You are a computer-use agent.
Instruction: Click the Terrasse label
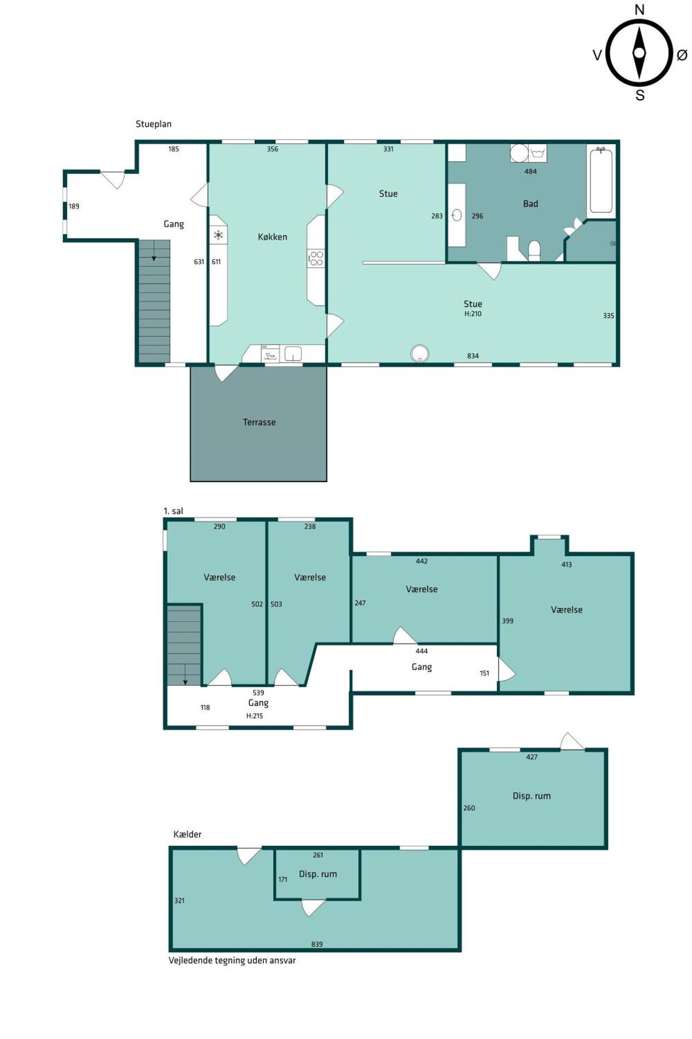259,422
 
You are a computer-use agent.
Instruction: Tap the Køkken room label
272,236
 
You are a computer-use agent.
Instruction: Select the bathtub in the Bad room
601,180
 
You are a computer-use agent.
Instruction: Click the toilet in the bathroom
534,251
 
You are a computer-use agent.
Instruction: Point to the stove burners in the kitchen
316,258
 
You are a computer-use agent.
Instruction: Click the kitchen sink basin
293,354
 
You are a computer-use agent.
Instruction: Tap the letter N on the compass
640,10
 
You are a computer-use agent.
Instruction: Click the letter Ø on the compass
682,55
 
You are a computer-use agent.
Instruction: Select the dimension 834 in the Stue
473,356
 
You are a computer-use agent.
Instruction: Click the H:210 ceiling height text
473,314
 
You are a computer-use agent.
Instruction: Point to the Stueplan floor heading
154,124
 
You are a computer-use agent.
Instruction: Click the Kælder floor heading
187,834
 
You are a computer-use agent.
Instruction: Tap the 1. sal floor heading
173,511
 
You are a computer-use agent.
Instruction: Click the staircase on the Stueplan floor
154,301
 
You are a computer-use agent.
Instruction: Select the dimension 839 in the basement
317,944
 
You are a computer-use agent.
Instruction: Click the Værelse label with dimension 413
567,609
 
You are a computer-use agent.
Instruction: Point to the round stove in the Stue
420,353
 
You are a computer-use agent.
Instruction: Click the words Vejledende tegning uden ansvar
232,961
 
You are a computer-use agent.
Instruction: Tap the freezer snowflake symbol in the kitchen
218,235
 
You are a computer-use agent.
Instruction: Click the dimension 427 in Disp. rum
532,757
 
